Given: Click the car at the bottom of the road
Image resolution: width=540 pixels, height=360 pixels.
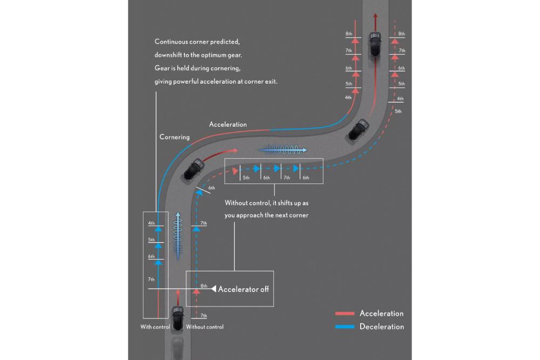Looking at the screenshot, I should (x=178, y=318).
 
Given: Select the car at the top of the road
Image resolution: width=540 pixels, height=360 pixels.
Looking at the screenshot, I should (x=374, y=46).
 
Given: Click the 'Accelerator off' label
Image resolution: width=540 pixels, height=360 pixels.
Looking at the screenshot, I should (x=243, y=289).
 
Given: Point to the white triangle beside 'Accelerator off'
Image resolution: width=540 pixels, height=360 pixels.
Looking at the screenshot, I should (x=214, y=289).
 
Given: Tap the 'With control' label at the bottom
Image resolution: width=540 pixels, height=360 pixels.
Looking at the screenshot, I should (x=155, y=327).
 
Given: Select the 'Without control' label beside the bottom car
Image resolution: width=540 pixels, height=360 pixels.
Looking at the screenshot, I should (x=205, y=327).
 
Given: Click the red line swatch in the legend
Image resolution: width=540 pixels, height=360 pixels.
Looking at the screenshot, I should (x=345, y=314).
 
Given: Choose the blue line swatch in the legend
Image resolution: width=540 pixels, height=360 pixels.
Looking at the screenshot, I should (x=345, y=327).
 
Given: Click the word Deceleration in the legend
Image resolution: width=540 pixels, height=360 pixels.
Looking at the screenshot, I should (x=381, y=327).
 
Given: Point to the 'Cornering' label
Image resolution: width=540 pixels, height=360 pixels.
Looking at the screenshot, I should (x=174, y=137).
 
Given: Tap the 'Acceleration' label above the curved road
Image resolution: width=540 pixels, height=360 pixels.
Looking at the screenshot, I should (x=228, y=125).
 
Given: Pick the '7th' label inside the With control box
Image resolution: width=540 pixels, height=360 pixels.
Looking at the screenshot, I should (x=151, y=280).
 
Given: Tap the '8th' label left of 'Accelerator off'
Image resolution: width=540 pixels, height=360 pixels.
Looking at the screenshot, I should (x=204, y=286).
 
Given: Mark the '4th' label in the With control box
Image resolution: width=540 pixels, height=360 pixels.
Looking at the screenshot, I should (x=151, y=223).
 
